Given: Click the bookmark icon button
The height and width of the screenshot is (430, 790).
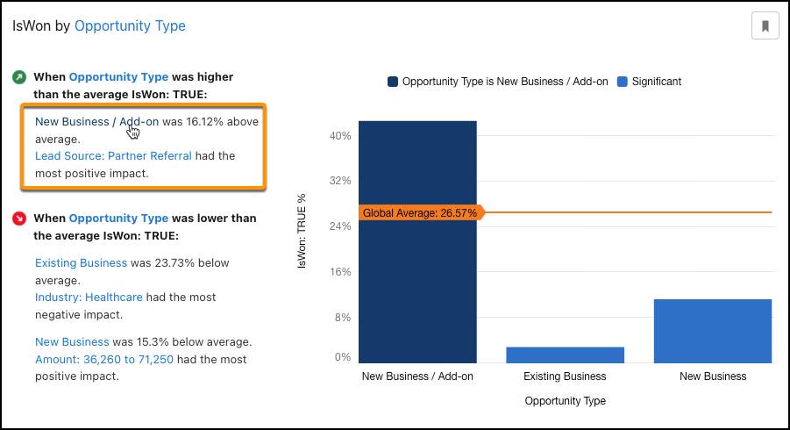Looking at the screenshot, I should coord(765,26).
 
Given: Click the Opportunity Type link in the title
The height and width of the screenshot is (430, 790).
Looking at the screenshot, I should coord(130,26).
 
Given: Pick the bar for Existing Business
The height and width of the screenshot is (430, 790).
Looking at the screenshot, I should coord(565,355).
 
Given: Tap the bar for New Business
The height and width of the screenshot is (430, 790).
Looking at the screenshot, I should coord(713,331).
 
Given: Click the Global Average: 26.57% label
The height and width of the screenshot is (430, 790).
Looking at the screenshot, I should coord(420,213).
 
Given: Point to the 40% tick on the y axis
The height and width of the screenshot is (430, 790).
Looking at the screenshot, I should coord(339,136).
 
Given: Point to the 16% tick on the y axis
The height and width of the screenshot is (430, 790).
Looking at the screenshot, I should coord(339,272).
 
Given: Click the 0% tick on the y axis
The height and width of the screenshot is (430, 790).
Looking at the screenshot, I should coord(341,357).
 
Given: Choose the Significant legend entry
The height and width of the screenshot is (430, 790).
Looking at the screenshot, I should coord(649,82).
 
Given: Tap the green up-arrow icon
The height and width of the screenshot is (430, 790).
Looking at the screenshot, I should coord(19,77).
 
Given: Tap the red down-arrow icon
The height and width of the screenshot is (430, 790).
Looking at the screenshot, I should coord(19,219).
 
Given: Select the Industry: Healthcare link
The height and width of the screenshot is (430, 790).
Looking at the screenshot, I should coord(89,297).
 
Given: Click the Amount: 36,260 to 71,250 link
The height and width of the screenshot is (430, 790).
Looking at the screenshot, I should coord(103,360).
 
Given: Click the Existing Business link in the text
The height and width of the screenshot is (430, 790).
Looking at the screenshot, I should coord(81,263).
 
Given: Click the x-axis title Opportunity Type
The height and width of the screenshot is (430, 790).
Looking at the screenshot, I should coord(565,401).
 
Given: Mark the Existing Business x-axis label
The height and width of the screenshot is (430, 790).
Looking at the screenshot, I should coord(565,376).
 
